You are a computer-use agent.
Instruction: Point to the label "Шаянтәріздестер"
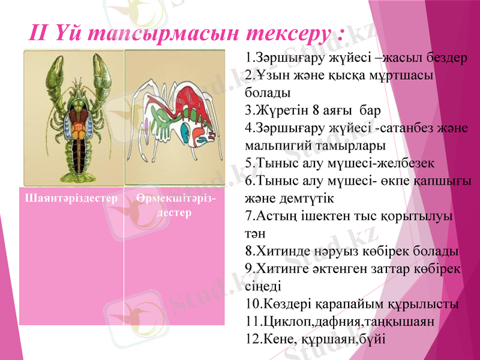point(71,197)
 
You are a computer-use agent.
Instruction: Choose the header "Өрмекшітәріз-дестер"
point(175,205)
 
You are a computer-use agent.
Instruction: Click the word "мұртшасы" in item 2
point(398,76)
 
